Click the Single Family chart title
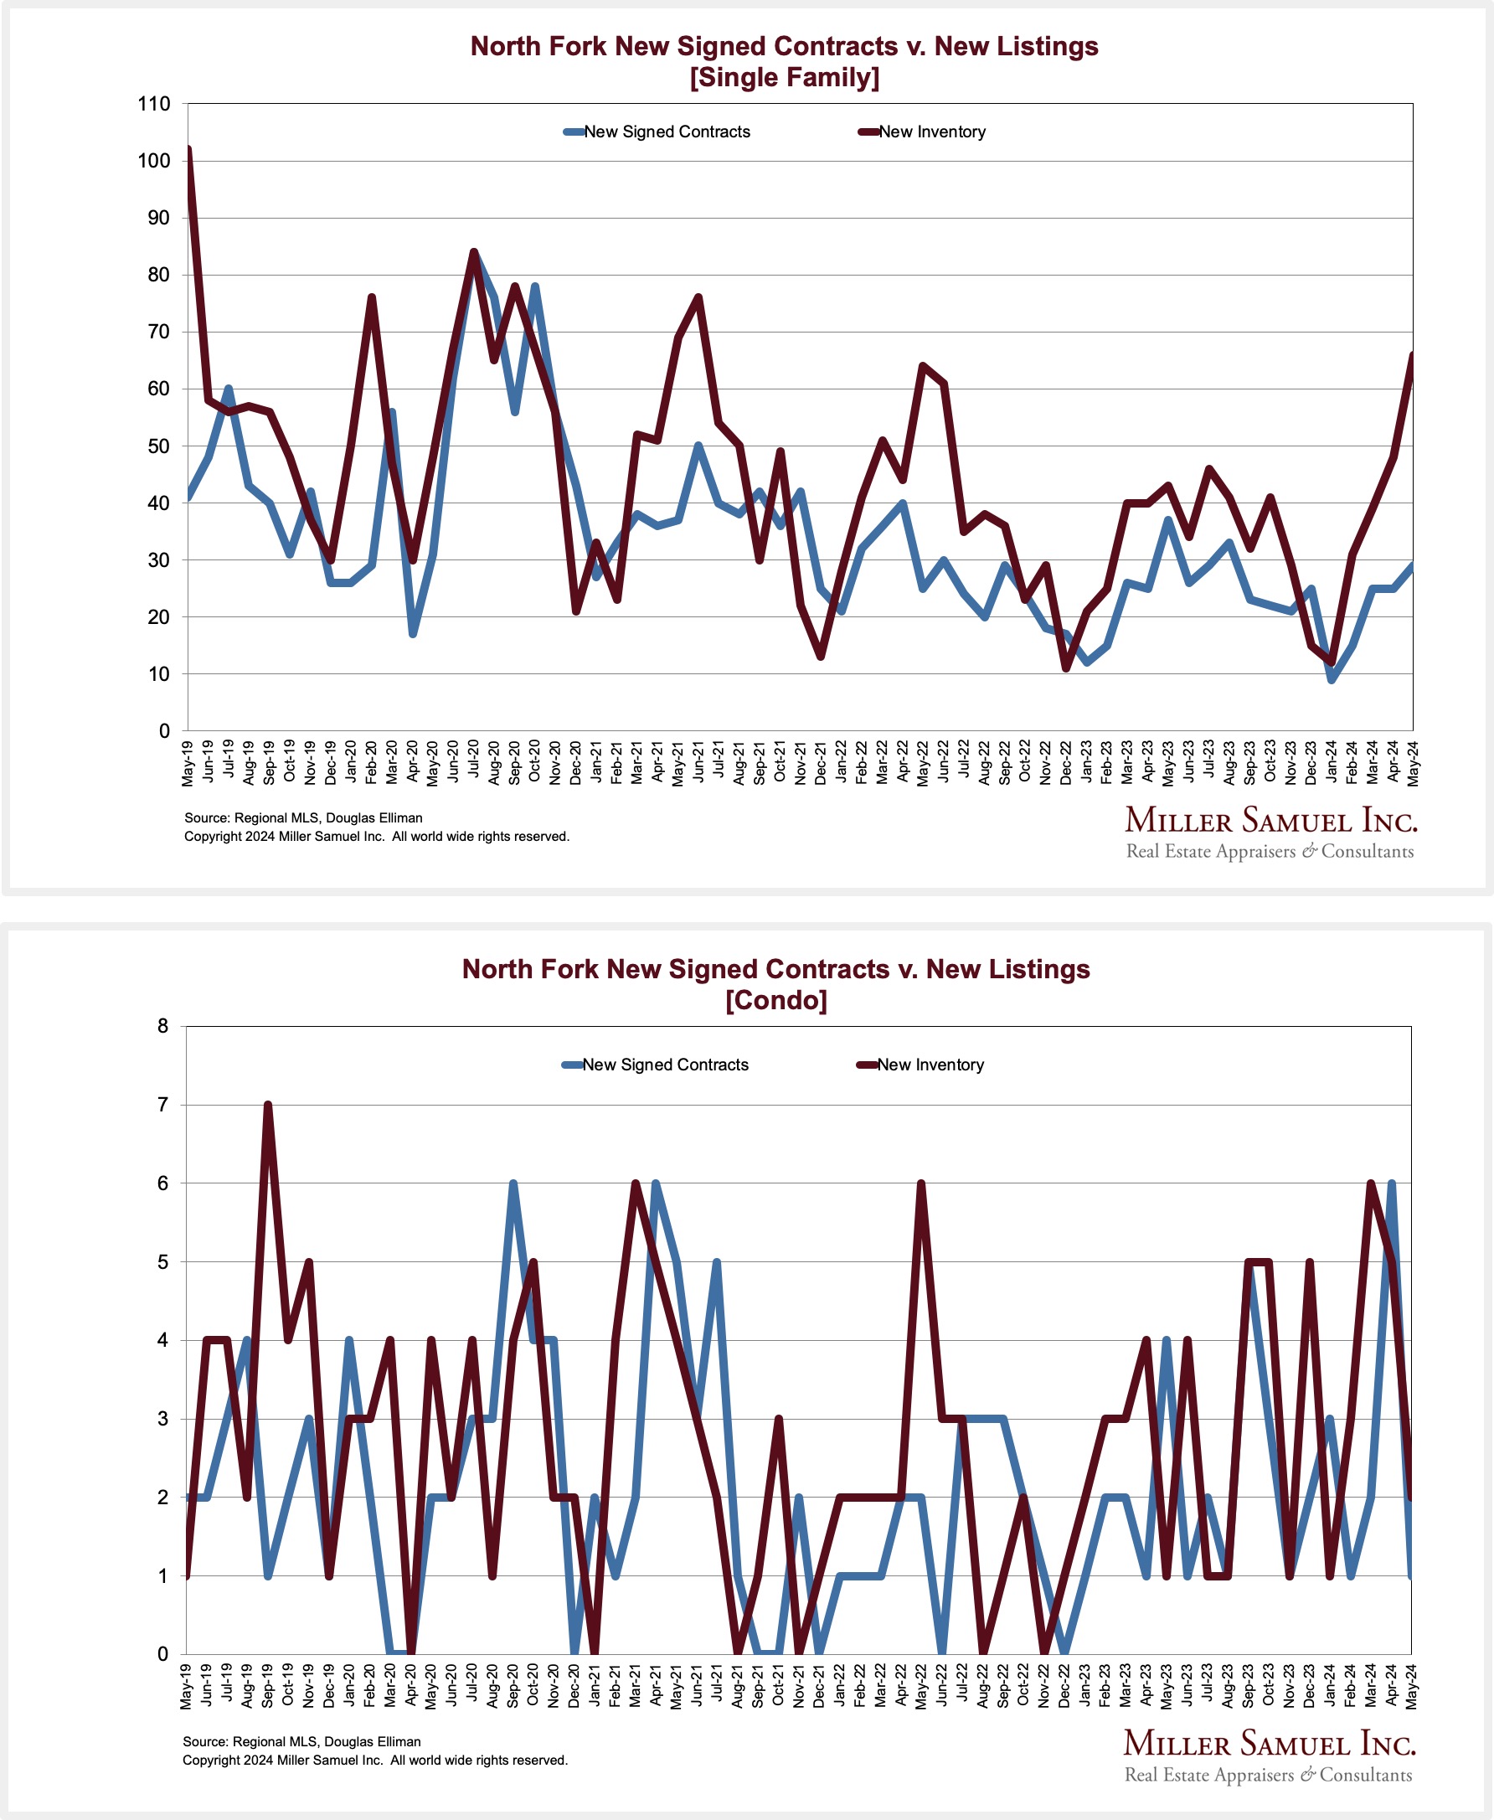point(784,61)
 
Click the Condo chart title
point(775,983)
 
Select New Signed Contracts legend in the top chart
point(666,131)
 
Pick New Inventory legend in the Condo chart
point(930,1065)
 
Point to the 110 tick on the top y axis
point(154,104)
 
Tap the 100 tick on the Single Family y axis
point(154,161)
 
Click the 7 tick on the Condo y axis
point(162,1105)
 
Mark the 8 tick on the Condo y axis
point(162,1026)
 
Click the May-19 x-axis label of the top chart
point(188,761)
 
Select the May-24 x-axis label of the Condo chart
point(1411,1686)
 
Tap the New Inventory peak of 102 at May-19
point(188,151)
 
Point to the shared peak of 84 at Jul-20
point(473,252)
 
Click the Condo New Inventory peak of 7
point(268,1105)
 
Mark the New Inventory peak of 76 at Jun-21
point(698,297)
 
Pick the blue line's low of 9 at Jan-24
point(1332,680)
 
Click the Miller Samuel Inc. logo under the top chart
point(1270,831)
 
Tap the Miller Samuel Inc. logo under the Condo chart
point(1269,1755)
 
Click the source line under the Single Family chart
point(303,817)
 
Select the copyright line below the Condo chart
point(374,1760)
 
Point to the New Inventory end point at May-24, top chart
point(1412,355)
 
